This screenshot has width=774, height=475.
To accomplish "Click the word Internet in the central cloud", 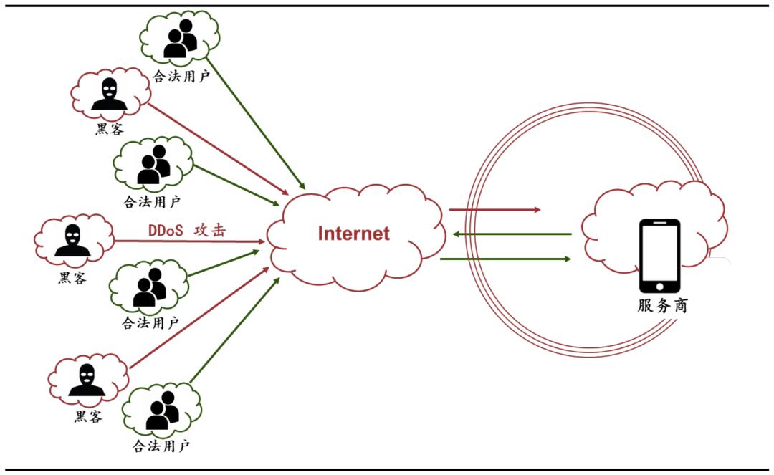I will [354, 234].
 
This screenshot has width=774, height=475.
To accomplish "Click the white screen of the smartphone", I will [659, 254].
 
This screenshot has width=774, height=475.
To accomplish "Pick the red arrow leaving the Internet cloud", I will [494, 210].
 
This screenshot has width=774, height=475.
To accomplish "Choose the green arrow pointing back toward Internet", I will [513, 234].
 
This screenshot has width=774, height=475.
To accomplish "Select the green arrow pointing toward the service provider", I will [506, 259].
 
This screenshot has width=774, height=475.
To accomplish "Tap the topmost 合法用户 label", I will [181, 76].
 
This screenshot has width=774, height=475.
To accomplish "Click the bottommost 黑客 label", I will [88, 416].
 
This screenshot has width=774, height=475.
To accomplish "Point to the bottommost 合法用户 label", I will [161, 446].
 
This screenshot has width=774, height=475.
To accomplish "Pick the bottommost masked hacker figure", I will [87, 380].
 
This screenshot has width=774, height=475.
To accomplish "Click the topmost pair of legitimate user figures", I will [180, 39].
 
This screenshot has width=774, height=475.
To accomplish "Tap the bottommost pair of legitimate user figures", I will [162, 411].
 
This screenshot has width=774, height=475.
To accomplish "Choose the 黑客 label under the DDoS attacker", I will [72, 277].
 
